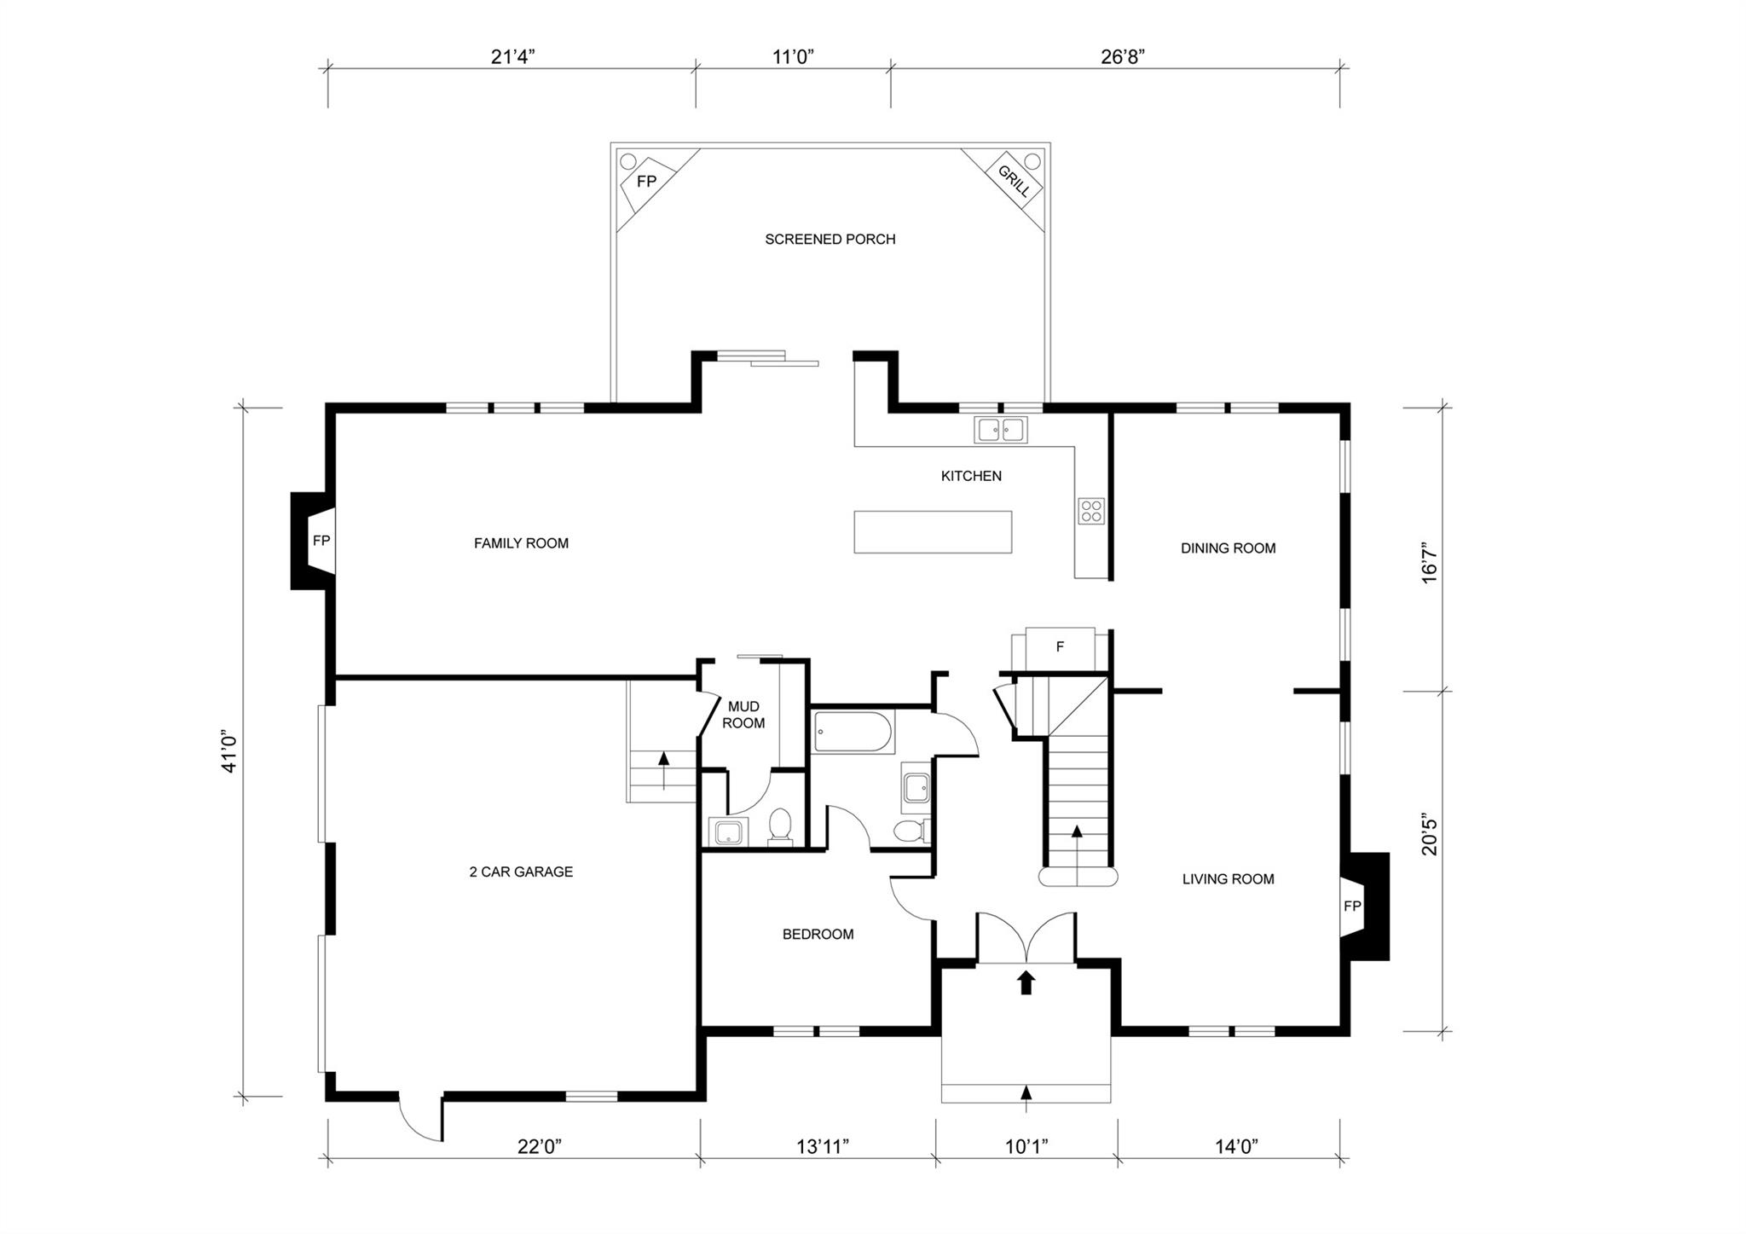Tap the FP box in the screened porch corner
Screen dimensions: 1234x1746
pos(647,182)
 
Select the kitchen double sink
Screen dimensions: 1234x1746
pos(1001,430)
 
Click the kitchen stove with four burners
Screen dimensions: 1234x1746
pos(1091,511)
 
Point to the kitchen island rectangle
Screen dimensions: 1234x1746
pos(933,531)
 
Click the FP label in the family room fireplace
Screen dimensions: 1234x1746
pos(321,541)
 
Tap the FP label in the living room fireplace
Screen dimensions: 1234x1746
pos(1352,907)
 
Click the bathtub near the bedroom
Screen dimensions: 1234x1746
pos(853,733)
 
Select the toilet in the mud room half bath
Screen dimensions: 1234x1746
pos(780,826)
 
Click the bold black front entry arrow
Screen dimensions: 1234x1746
pos(1026,982)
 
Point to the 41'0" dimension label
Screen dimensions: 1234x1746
pos(229,750)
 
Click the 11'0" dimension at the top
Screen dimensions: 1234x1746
pos(794,57)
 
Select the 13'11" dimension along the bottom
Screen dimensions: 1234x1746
pos(823,1147)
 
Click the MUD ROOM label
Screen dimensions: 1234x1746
pos(743,715)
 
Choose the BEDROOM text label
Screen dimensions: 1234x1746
pos(818,935)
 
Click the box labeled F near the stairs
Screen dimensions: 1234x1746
pos(1060,647)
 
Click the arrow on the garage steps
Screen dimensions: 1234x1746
pos(663,762)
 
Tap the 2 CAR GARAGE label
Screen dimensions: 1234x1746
pos(521,872)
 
